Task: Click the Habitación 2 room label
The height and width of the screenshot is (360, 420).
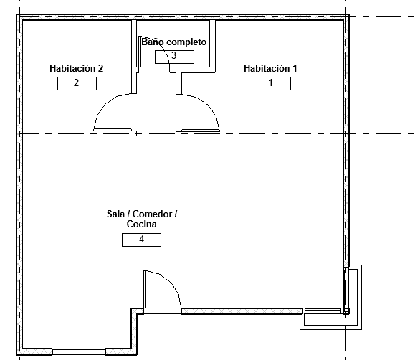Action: tap(77, 68)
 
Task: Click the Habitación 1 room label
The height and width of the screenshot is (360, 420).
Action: tap(270, 68)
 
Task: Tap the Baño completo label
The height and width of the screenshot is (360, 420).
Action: tap(174, 42)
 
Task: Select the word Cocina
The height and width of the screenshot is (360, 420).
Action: tap(141, 224)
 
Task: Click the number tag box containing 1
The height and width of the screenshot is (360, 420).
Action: tap(271, 83)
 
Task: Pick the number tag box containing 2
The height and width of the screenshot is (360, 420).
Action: tap(77, 83)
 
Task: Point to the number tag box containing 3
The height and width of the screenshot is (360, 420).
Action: tap(174, 57)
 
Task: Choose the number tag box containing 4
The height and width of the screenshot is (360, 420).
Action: tap(141, 240)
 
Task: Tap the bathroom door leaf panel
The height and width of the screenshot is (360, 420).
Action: tap(139, 52)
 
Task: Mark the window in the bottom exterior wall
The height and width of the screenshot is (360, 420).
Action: tap(79, 351)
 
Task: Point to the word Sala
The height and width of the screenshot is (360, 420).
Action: tap(115, 214)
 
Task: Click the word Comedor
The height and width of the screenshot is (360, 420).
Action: tap(152, 214)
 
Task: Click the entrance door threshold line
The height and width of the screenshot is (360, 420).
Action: tap(162, 313)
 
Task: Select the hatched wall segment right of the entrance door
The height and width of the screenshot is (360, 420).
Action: tap(242, 311)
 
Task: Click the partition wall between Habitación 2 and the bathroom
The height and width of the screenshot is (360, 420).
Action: tap(134, 57)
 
